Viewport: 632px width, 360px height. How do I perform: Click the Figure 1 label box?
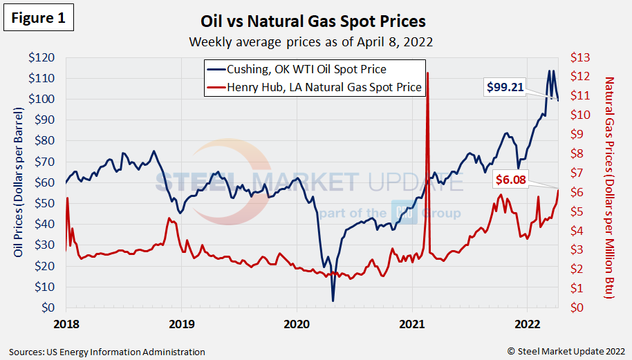[39, 18]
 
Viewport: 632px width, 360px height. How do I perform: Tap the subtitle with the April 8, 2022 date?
[311, 41]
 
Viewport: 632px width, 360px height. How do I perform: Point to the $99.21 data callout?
[524, 86]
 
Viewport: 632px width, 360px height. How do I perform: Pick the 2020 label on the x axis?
[297, 323]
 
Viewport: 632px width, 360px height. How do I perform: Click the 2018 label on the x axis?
[66, 323]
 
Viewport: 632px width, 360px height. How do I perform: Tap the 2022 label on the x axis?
[527, 323]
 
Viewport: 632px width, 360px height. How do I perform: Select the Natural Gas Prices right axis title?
[609, 187]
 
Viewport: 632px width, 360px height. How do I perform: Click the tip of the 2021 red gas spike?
[428, 73]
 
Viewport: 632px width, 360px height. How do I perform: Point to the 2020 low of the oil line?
[333, 301]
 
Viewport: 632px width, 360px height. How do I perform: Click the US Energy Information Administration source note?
[107, 352]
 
